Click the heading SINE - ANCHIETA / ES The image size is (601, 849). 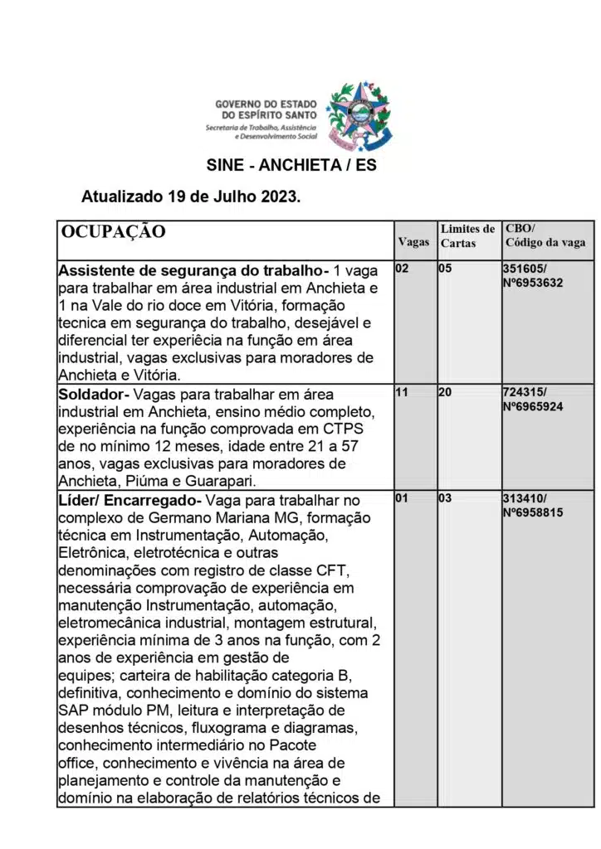click(291, 165)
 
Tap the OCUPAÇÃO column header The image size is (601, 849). click(114, 231)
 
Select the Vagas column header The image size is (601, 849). click(413, 242)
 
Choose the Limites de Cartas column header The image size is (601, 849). click(467, 235)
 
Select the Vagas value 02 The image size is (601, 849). click(402, 269)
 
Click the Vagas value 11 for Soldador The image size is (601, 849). click(402, 392)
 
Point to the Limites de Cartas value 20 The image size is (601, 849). click(445, 392)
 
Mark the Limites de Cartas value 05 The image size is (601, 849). click(445, 269)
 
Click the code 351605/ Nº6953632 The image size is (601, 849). click(533, 275)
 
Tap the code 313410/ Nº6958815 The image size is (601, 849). click(533, 505)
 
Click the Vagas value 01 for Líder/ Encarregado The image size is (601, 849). click(402, 499)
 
